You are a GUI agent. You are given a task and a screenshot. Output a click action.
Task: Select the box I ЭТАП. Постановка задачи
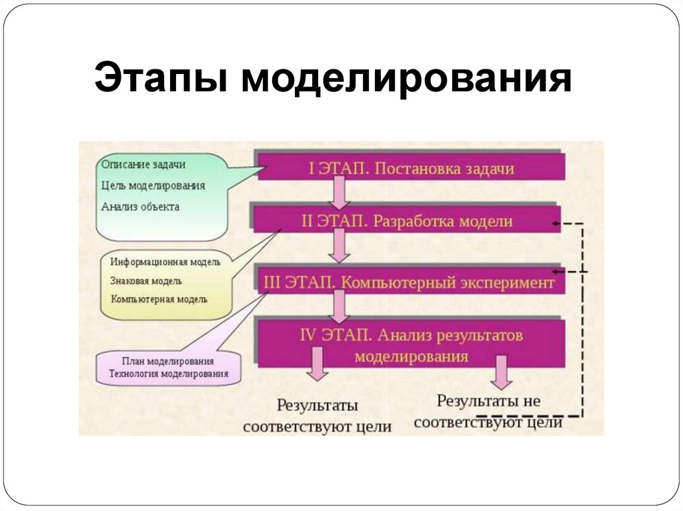[x=411, y=168]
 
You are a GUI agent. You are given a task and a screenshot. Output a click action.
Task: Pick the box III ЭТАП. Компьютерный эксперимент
[x=409, y=282]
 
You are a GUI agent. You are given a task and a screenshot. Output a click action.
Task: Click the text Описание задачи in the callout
[x=144, y=164]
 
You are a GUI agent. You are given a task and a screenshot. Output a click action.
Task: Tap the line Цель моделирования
[x=154, y=185]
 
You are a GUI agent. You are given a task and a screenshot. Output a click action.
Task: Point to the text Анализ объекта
[x=141, y=207]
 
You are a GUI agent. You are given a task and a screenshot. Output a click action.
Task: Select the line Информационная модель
[x=165, y=262]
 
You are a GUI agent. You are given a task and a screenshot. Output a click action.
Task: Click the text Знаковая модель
[x=146, y=280]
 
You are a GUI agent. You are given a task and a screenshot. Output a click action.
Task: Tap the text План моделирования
[x=167, y=360]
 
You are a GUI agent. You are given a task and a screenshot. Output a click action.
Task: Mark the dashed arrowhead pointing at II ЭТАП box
[x=558, y=224]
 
